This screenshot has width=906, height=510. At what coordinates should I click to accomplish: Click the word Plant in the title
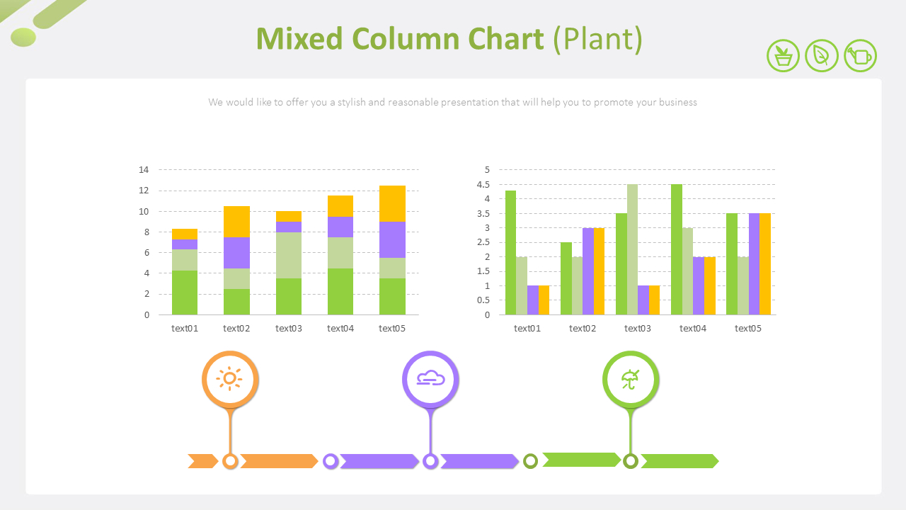coord(597,39)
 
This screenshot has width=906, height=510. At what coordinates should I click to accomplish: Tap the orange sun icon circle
coord(230,379)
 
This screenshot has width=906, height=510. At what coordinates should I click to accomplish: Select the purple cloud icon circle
coord(430,379)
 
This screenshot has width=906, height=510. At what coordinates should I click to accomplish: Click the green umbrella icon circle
coord(631,379)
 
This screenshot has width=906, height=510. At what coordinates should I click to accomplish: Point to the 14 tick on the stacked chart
coord(144,170)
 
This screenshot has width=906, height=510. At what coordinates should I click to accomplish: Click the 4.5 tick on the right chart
coord(483,185)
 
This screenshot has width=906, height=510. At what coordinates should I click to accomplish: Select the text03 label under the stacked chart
coord(289,328)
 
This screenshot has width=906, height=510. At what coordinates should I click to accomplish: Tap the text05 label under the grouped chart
coord(748,328)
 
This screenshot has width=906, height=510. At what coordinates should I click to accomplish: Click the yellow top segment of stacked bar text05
coord(392,203)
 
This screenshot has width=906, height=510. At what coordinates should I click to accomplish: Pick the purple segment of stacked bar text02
coord(236,253)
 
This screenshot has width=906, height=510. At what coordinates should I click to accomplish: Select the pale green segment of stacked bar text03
coord(289,255)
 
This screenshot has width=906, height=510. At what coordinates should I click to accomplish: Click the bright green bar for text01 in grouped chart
coord(510,252)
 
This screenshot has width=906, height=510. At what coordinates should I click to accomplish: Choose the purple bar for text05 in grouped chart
coord(754,263)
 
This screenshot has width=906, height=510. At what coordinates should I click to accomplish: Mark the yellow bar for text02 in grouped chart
coord(599,271)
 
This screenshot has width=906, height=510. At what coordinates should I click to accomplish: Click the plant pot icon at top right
coord(783,55)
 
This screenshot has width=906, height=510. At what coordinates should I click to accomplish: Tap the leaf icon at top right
coord(822,55)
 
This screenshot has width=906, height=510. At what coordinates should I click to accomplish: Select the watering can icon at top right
coord(861,55)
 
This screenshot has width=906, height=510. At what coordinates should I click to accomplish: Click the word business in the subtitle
coord(678,102)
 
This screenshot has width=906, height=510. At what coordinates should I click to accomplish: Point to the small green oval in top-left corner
coord(23,37)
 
